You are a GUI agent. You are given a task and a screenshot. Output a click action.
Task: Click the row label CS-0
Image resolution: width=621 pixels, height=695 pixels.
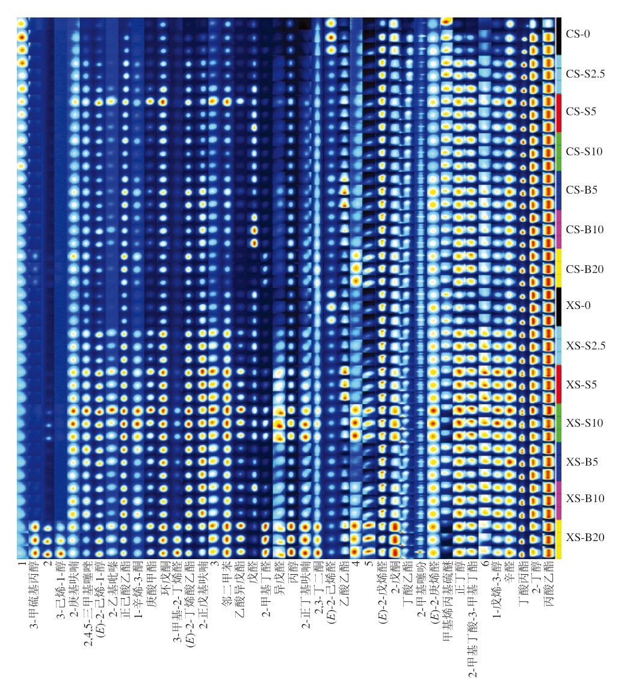click(578, 34)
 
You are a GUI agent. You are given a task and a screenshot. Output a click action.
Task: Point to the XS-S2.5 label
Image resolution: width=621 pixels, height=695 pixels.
click(585, 346)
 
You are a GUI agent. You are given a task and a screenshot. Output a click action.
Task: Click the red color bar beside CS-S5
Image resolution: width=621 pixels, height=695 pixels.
click(559, 112)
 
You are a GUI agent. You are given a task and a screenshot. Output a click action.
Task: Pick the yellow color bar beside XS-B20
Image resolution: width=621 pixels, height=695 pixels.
click(559, 538)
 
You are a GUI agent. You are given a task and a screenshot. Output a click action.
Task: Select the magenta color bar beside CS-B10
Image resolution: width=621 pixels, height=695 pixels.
click(559, 229)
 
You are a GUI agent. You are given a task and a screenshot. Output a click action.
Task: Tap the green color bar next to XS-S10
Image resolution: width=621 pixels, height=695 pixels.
click(559, 423)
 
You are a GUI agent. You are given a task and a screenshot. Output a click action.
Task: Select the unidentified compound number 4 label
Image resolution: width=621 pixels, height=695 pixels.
click(356, 564)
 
